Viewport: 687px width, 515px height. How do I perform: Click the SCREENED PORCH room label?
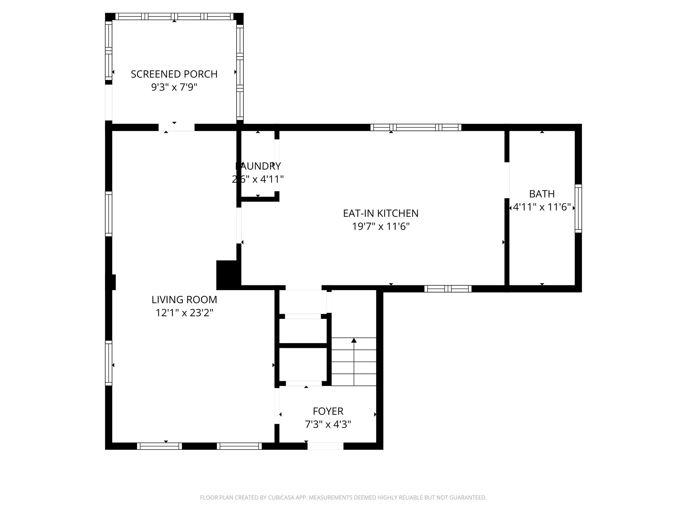pyautogui.click(x=174, y=74)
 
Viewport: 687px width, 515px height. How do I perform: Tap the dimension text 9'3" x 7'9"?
pyautogui.click(x=174, y=87)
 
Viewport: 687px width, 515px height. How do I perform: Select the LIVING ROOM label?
pyautogui.click(x=184, y=299)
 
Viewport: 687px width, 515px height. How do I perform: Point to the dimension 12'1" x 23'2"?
pyautogui.click(x=184, y=313)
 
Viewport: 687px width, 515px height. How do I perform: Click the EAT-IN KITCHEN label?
pyautogui.click(x=381, y=213)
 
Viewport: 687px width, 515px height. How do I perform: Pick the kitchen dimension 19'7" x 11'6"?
pyautogui.click(x=381, y=227)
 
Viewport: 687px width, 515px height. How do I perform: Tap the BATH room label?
pyautogui.click(x=542, y=194)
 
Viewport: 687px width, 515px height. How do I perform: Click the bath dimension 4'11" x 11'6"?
pyautogui.click(x=542, y=207)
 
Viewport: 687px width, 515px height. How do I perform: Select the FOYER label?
pyautogui.click(x=328, y=411)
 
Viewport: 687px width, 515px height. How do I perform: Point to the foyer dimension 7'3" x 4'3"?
pyautogui.click(x=328, y=424)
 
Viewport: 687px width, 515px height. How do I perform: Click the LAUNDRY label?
pyautogui.click(x=258, y=166)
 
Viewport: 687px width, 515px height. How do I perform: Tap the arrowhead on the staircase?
pyautogui.click(x=354, y=341)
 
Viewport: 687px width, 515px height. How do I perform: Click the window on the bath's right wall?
pyautogui.click(x=578, y=208)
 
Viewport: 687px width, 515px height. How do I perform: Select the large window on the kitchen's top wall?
pyautogui.click(x=416, y=127)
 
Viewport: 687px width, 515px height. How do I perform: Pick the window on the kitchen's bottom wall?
pyautogui.click(x=448, y=289)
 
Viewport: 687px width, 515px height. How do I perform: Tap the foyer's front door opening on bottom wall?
pyautogui.click(x=325, y=446)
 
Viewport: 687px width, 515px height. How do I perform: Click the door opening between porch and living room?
pyautogui.click(x=176, y=127)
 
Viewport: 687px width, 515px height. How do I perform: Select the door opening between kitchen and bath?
pyautogui.click(x=507, y=180)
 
